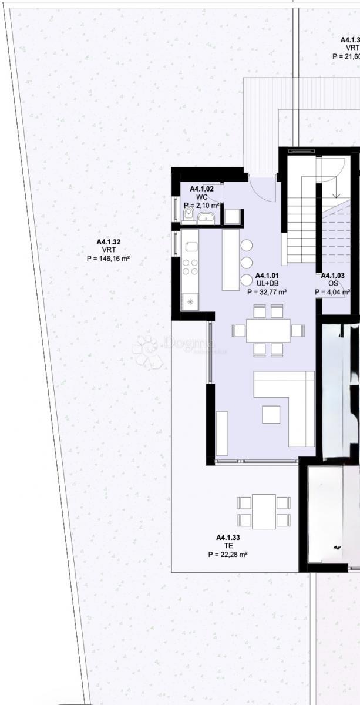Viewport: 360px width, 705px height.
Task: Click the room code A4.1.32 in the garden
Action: (x=109, y=241)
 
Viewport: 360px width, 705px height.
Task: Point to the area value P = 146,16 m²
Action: (x=109, y=258)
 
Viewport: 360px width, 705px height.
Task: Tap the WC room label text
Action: (x=201, y=197)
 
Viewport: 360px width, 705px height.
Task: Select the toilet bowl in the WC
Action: (x=188, y=216)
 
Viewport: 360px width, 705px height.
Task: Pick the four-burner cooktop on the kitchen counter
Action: (x=190, y=267)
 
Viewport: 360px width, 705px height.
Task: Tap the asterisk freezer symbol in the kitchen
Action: (x=190, y=302)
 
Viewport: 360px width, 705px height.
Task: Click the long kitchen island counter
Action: (x=231, y=259)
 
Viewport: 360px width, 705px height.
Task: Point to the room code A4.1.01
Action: (x=267, y=276)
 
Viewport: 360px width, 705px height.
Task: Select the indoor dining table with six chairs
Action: (x=268, y=331)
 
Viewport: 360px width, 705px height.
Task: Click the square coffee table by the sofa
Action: (x=271, y=414)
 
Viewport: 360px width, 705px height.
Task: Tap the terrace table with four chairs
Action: (x=264, y=511)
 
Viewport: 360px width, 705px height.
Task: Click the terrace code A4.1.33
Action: (x=228, y=537)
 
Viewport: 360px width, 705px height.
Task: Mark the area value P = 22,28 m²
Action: (x=228, y=554)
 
